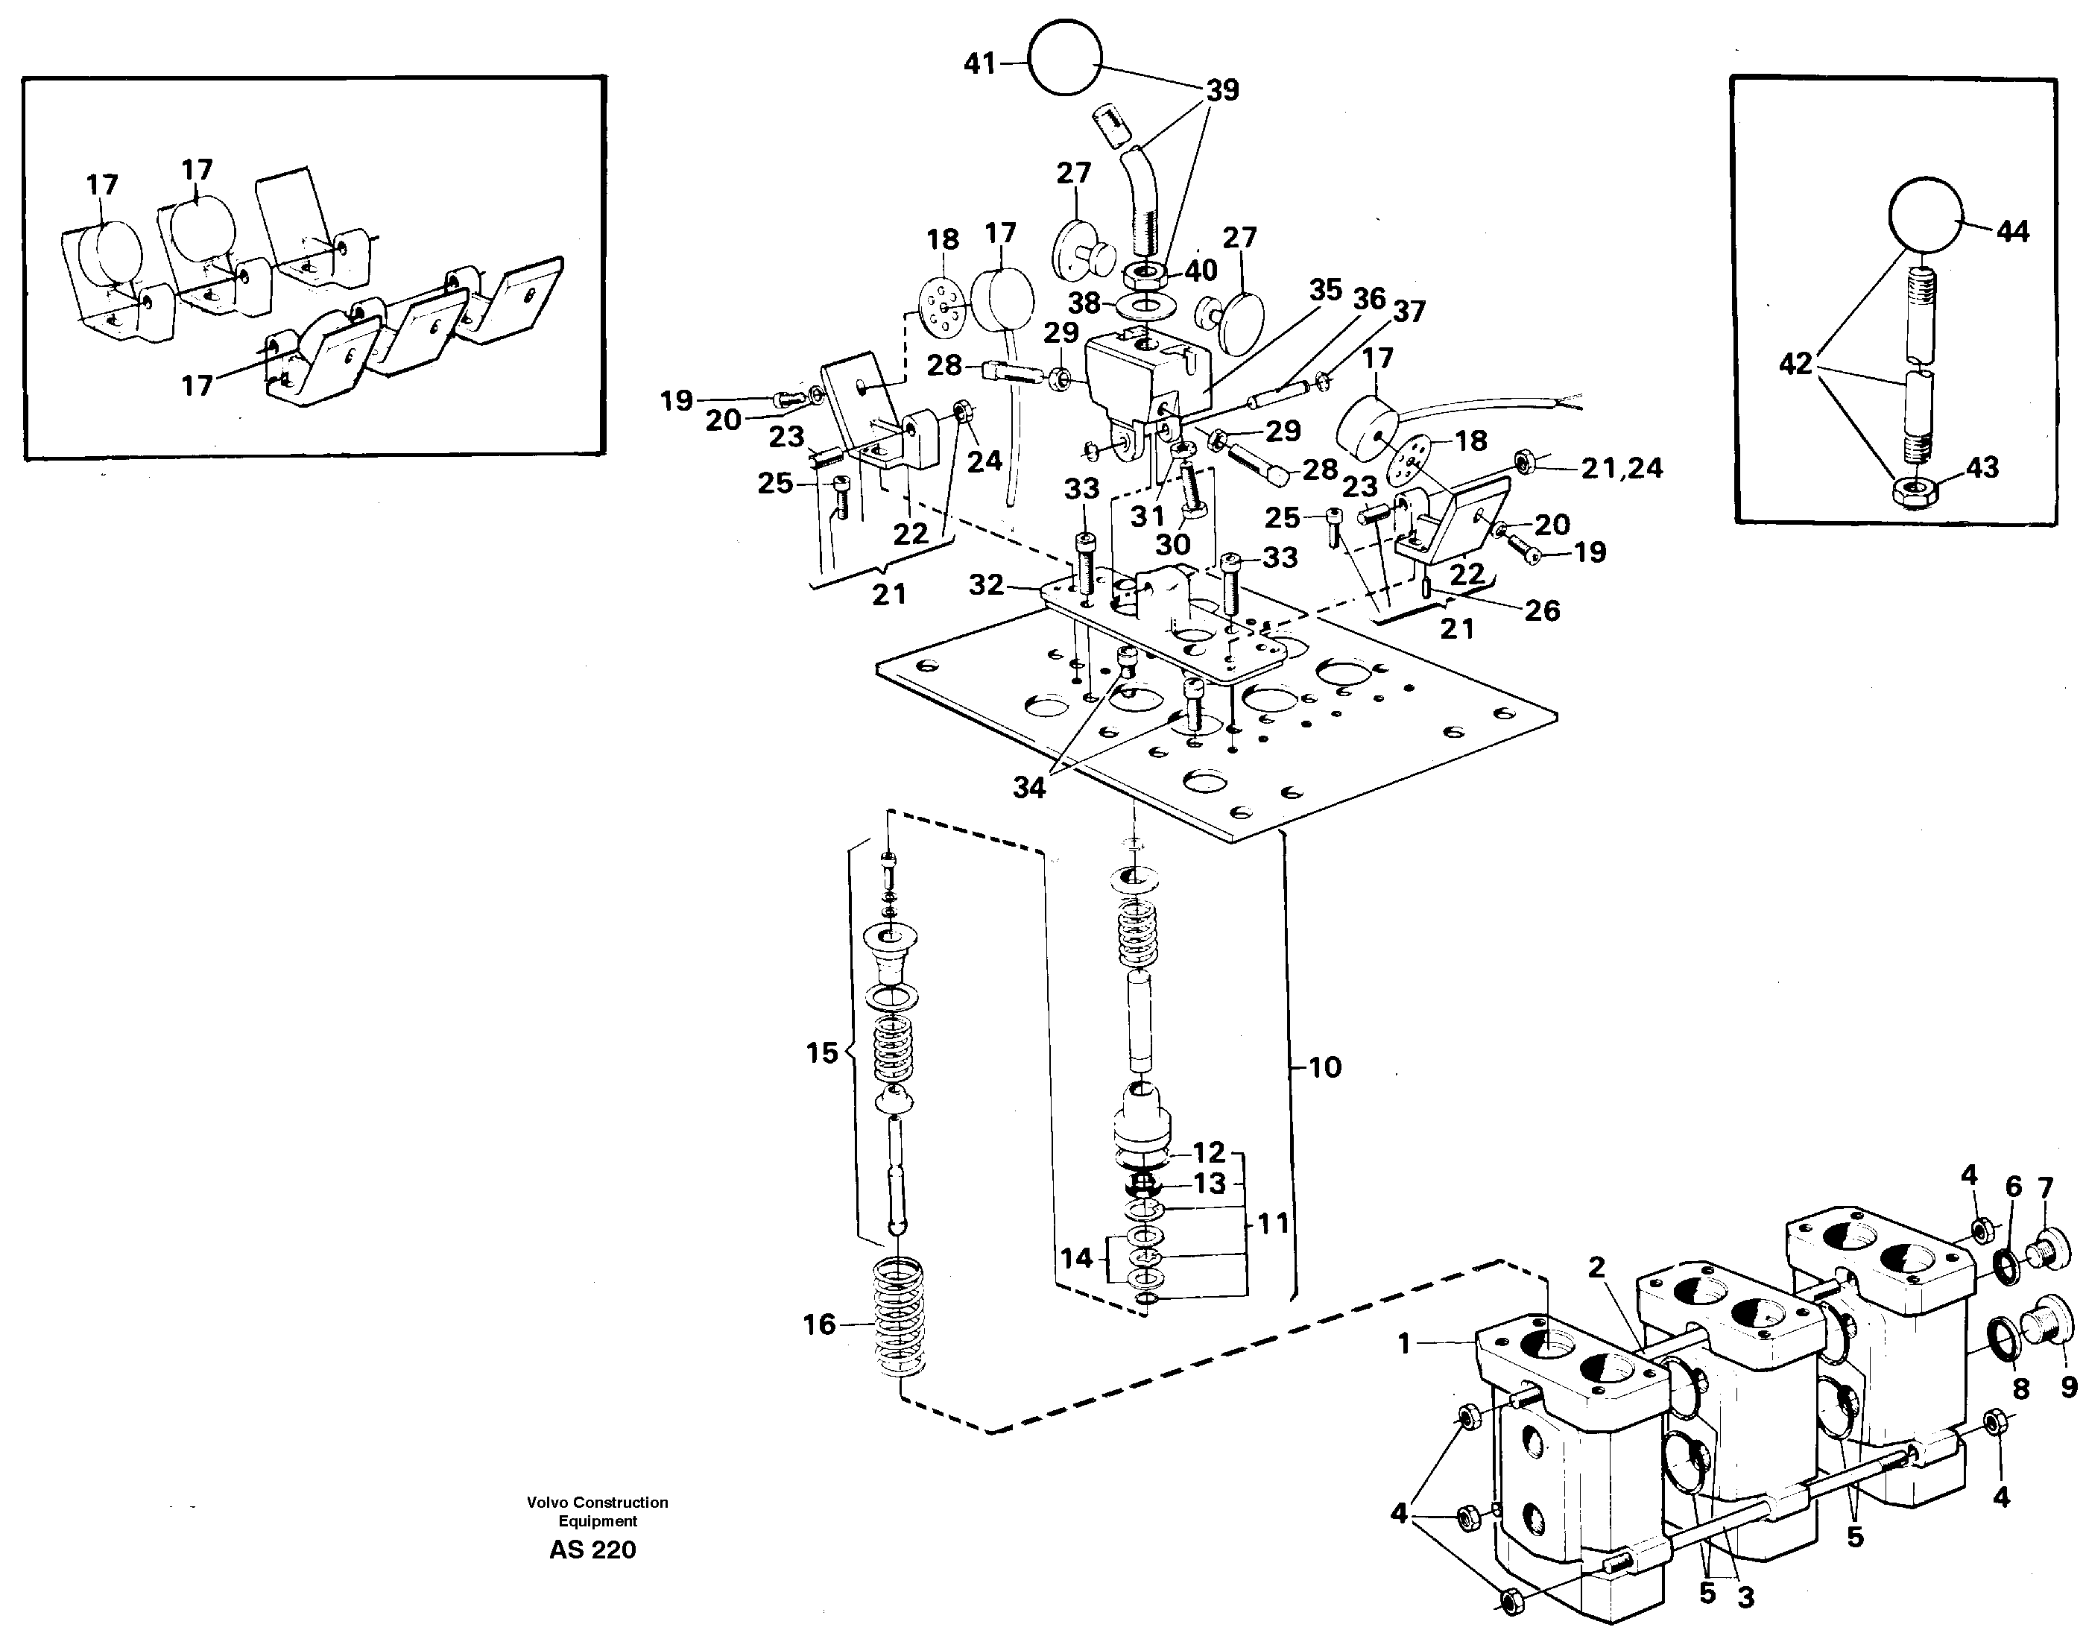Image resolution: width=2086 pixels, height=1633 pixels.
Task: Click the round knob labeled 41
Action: tap(1064, 57)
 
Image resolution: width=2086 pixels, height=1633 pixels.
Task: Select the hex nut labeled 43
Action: tap(1912, 493)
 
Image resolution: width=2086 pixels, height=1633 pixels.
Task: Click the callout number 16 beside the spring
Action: tap(819, 1324)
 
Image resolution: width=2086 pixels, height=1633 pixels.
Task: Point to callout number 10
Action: tap(1324, 1067)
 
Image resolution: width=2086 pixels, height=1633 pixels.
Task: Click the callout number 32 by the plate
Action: tap(987, 584)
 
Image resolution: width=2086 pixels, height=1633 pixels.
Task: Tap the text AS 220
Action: tap(592, 1550)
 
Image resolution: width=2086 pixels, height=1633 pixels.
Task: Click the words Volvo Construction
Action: tap(598, 1502)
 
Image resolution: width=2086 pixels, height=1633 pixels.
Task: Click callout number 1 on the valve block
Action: tap(1403, 1345)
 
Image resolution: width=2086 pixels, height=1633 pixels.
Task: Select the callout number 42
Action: tap(1795, 364)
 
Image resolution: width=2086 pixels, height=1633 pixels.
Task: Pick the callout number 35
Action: tap(1326, 290)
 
